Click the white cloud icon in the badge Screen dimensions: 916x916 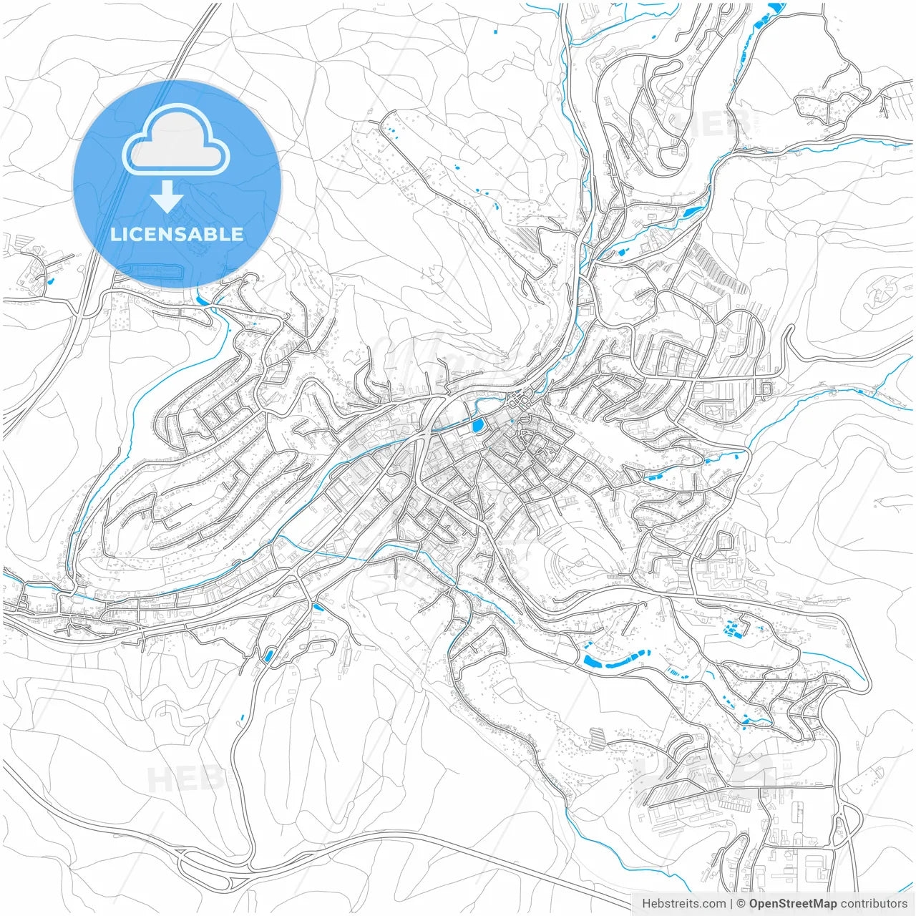pos(175,142)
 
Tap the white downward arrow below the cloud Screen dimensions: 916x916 pos(167,196)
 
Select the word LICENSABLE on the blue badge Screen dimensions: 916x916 pos(177,234)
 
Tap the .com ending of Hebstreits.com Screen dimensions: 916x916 pos(713,904)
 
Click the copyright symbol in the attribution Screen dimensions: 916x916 pos(741,904)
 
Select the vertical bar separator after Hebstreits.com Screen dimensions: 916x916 pos(731,904)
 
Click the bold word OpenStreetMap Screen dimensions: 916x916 pos(792,904)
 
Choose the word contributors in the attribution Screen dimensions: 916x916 pos(874,904)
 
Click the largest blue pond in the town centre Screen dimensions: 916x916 pos(477,427)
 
